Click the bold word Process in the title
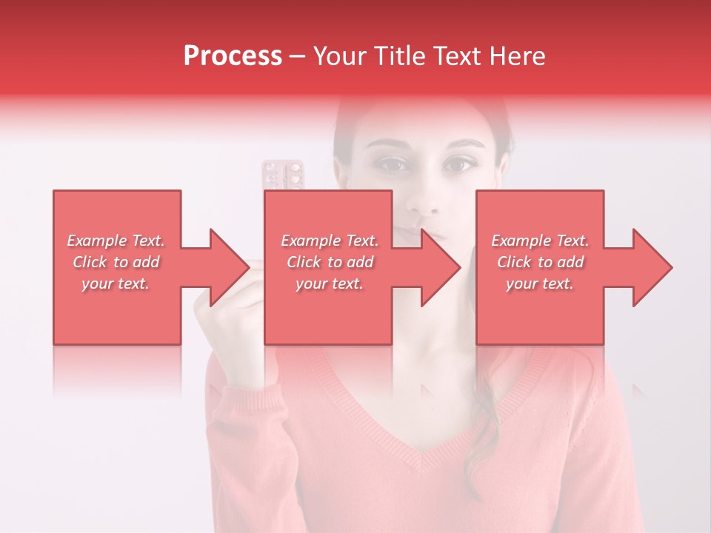point(233,56)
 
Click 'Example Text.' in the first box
point(116,241)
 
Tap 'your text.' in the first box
point(116,284)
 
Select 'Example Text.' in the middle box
point(330,241)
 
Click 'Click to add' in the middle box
point(330,262)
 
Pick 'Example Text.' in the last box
point(540,241)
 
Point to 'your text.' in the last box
point(540,284)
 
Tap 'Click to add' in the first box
point(116,262)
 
